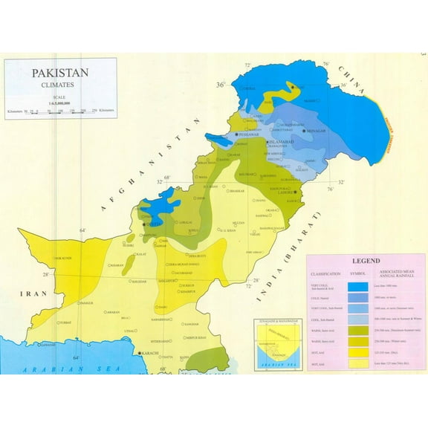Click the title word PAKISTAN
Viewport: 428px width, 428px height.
pos(59,73)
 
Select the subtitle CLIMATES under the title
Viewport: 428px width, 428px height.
pos(59,86)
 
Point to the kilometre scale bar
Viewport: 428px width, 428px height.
pos(62,111)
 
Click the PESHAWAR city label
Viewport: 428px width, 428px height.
pos(249,134)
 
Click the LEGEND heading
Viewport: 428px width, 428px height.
pos(366,262)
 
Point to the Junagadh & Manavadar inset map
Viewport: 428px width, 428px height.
pos(274,346)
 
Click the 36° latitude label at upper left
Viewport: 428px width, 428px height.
pos(220,85)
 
